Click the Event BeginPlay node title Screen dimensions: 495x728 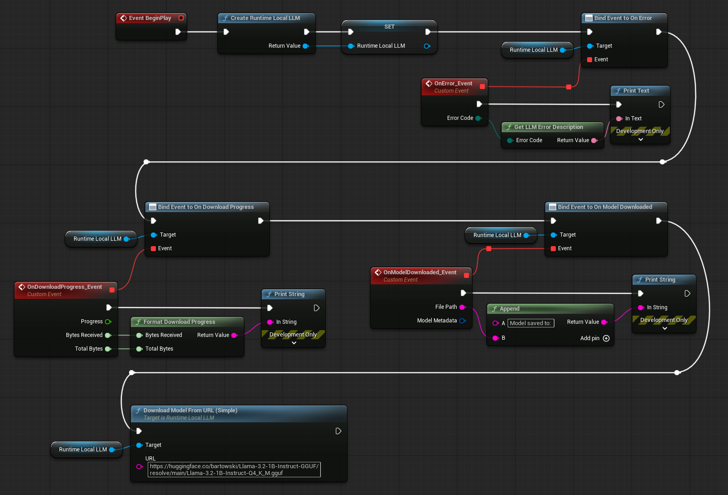tap(150, 18)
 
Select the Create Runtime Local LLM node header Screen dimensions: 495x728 tap(265, 18)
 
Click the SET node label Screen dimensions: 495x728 tap(389, 27)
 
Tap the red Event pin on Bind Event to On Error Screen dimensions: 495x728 tap(590, 59)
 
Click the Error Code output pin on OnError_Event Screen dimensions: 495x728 tap(478, 118)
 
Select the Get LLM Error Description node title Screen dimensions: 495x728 tap(548, 127)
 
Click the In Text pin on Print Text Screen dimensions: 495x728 tap(619, 119)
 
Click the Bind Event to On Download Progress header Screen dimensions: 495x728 tap(205, 207)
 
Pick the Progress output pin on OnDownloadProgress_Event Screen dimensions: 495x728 tap(108, 322)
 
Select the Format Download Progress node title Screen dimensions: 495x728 tap(179, 322)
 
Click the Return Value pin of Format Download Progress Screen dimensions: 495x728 tap(234, 335)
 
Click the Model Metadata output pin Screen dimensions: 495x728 tap(463, 321)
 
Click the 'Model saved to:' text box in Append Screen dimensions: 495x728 tap(531, 323)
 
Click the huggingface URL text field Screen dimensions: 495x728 tap(234, 470)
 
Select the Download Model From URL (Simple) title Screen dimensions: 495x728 tap(190, 411)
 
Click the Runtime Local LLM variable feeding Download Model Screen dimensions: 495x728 tap(83, 450)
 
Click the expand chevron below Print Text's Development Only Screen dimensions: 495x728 tap(641, 140)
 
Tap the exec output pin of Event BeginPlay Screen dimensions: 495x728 tap(178, 32)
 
